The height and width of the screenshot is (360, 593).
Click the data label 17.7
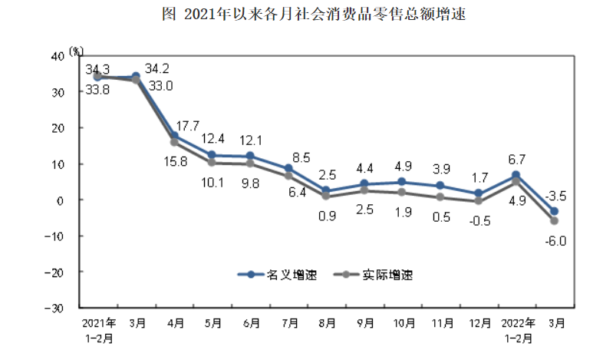[188, 126]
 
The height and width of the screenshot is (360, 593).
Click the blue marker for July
[288, 169]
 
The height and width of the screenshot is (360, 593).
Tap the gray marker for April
[174, 142]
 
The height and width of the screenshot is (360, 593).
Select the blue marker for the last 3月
[554, 212]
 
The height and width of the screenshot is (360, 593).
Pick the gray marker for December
[479, 201]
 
